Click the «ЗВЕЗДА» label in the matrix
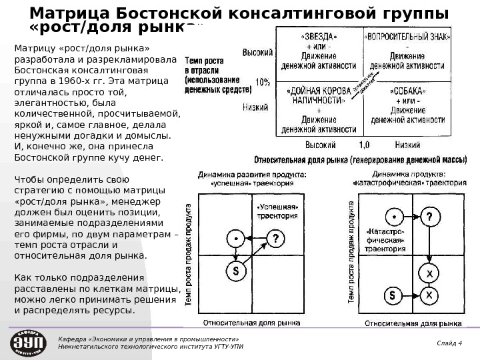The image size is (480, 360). click(319, 37)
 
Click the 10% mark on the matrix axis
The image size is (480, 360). click(263, 82)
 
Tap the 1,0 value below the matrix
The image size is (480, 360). click(364, 144)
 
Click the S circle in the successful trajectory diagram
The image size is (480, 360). click(235, 271)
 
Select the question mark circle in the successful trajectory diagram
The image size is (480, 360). click(275, 238)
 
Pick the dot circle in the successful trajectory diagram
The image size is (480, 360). click(235, 238)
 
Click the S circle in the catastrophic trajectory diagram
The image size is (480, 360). click(393, 294)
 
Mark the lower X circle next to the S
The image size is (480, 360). click(431, 294)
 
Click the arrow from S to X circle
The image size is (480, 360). click(412, 294)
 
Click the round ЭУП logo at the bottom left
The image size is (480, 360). click(27, 342)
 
